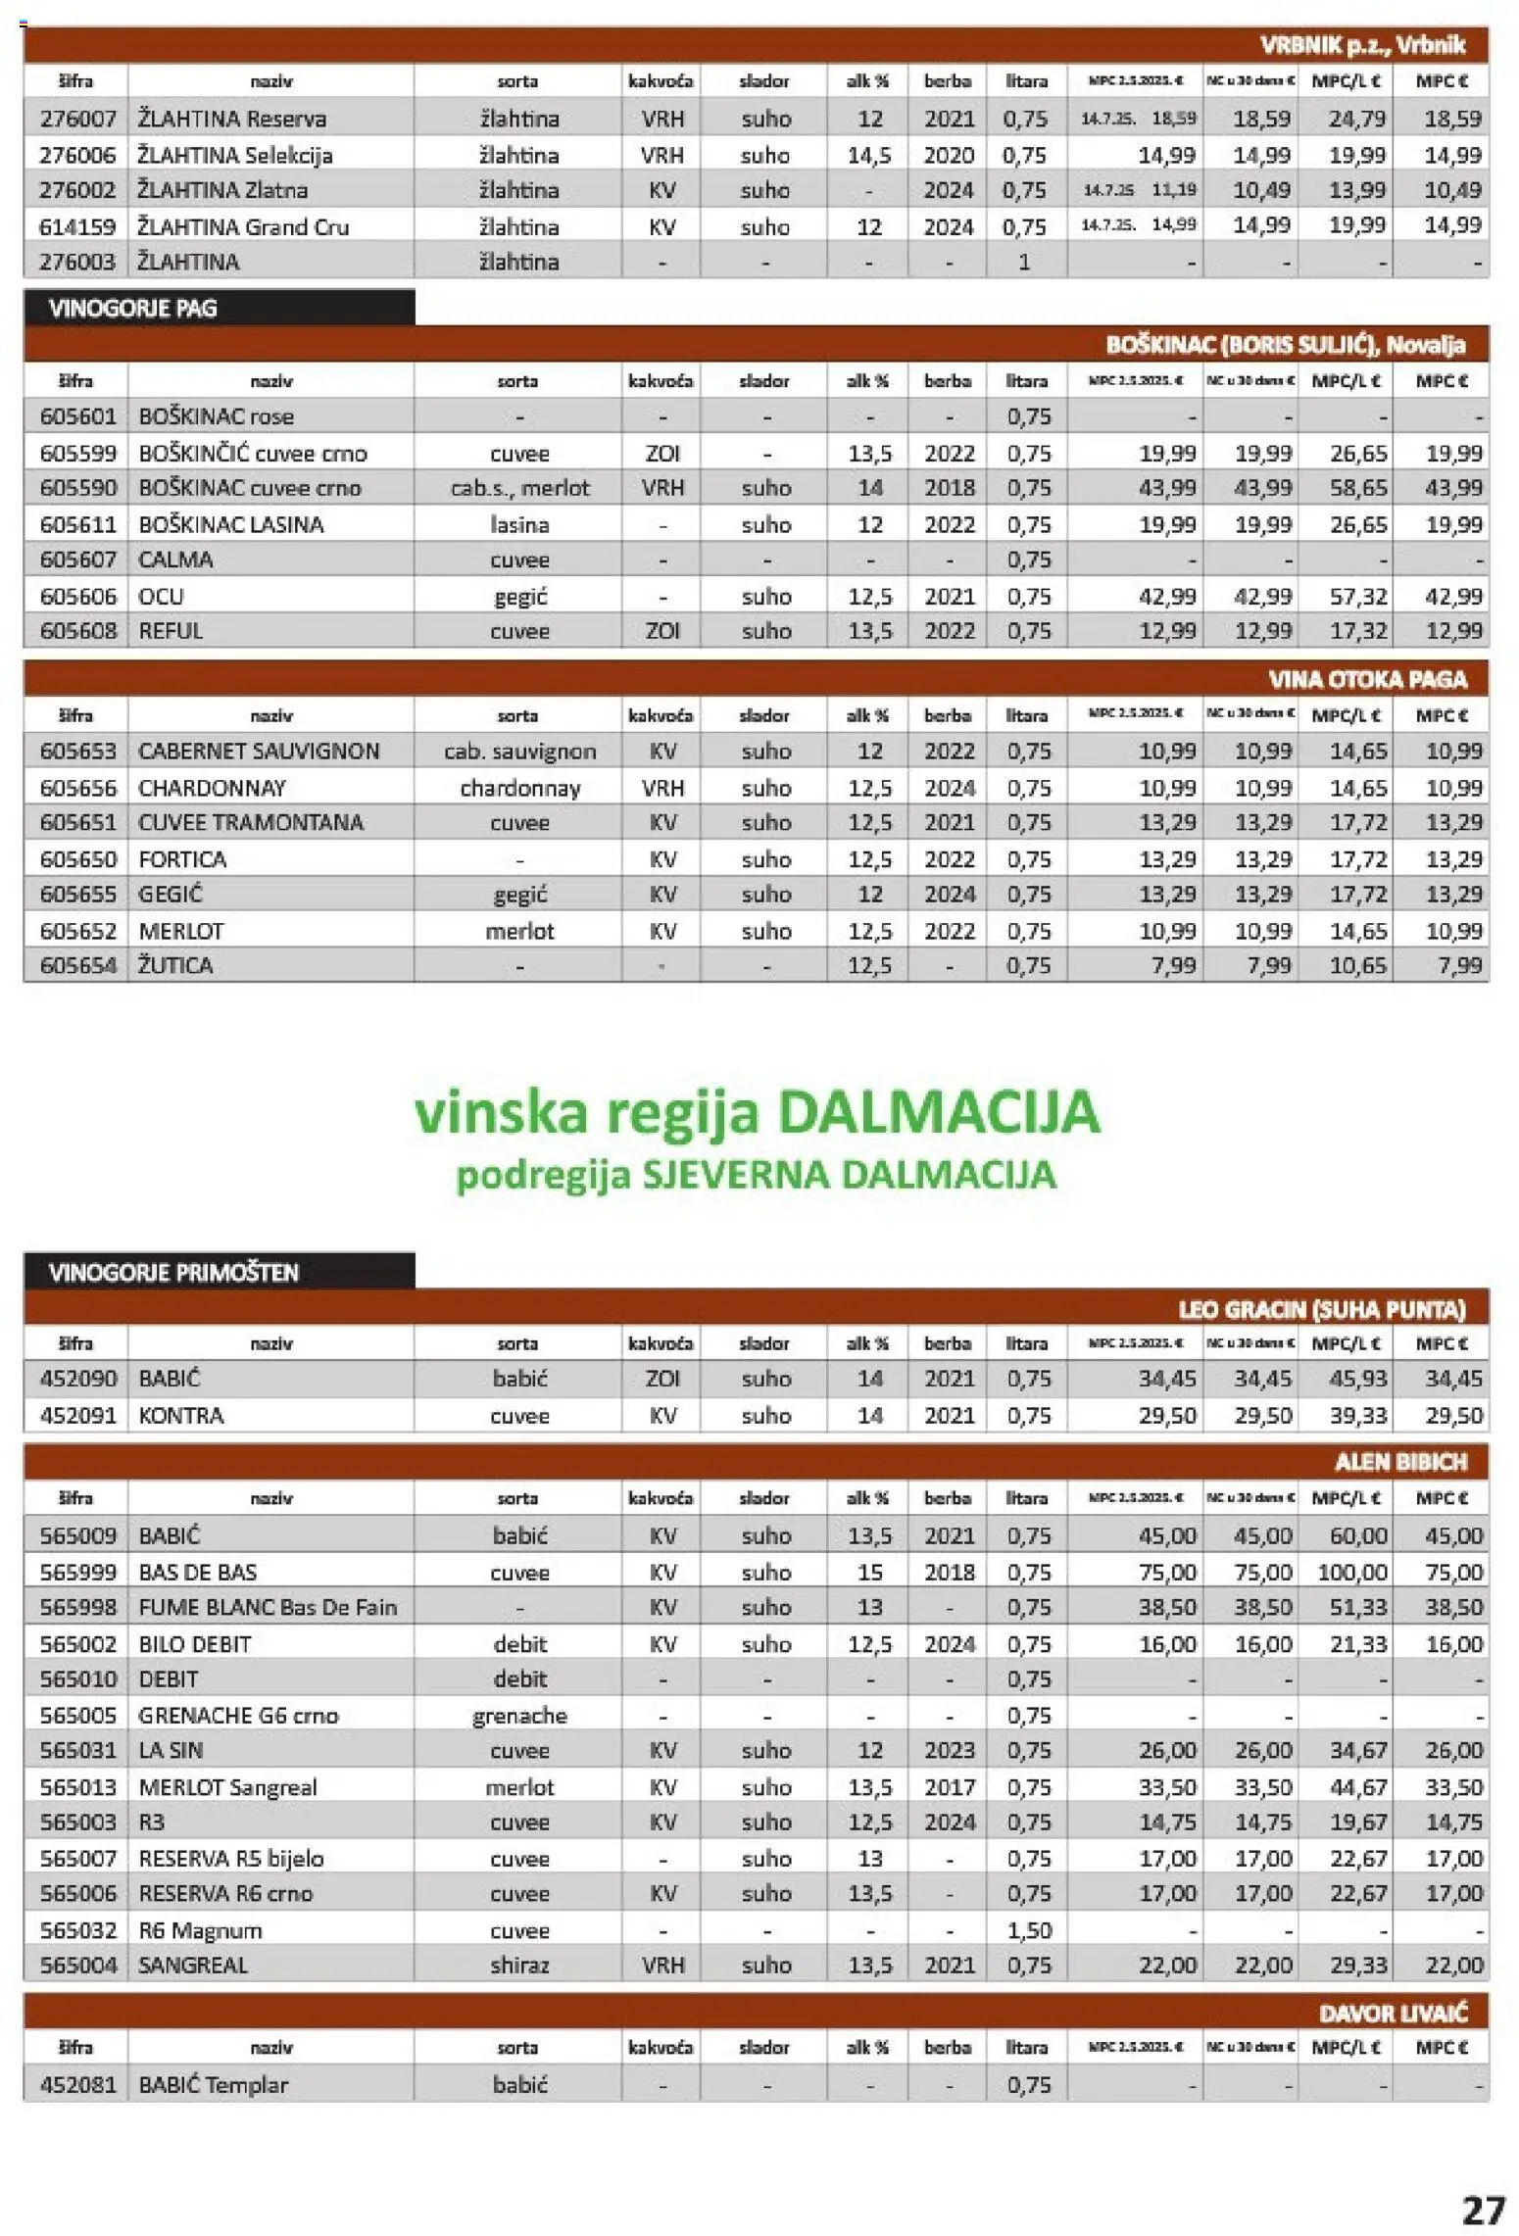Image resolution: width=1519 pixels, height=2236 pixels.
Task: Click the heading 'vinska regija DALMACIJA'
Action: [x=757, y=1113]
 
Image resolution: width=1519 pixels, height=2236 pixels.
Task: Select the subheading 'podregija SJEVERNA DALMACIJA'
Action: [x=757, y=1174]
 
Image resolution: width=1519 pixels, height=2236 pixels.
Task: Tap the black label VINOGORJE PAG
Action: [x=133, y=308]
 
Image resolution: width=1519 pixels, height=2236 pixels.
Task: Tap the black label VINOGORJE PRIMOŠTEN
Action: [x=173, y=1272]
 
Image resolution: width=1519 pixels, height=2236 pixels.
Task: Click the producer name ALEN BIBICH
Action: [x=1400, y=1462]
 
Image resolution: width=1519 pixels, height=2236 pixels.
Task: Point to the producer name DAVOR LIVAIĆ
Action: [x=1393, y=2014]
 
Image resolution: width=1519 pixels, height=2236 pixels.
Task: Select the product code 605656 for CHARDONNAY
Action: [x=78, y=788]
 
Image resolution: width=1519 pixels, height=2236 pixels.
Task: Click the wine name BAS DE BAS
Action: [x=198, y=1572]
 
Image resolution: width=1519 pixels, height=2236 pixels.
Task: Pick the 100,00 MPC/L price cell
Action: [x=1352, y=1572]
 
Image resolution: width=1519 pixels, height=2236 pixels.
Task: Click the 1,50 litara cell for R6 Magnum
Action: [x=1028, y=1930]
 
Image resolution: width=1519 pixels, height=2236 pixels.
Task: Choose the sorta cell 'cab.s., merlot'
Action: [x=519, y=488]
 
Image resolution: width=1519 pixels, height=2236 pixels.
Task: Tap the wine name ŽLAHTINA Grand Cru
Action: [x=243, y=226]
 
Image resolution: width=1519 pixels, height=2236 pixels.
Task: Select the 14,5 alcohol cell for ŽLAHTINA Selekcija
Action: [x=868, y=155]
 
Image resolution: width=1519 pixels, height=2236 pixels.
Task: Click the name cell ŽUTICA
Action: [x=175, y=965]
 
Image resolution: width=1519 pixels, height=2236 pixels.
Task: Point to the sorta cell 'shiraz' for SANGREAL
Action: [x=519, y=1965]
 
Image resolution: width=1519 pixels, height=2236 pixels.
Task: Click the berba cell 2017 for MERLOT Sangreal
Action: [x=949, y=1787]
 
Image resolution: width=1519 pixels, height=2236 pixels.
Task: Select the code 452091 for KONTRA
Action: [x=78, y=1415]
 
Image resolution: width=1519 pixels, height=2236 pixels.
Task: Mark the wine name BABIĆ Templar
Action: [x=214, y=2085]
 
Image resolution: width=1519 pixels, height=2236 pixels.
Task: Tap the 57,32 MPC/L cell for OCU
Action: [x=1358, y=596]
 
